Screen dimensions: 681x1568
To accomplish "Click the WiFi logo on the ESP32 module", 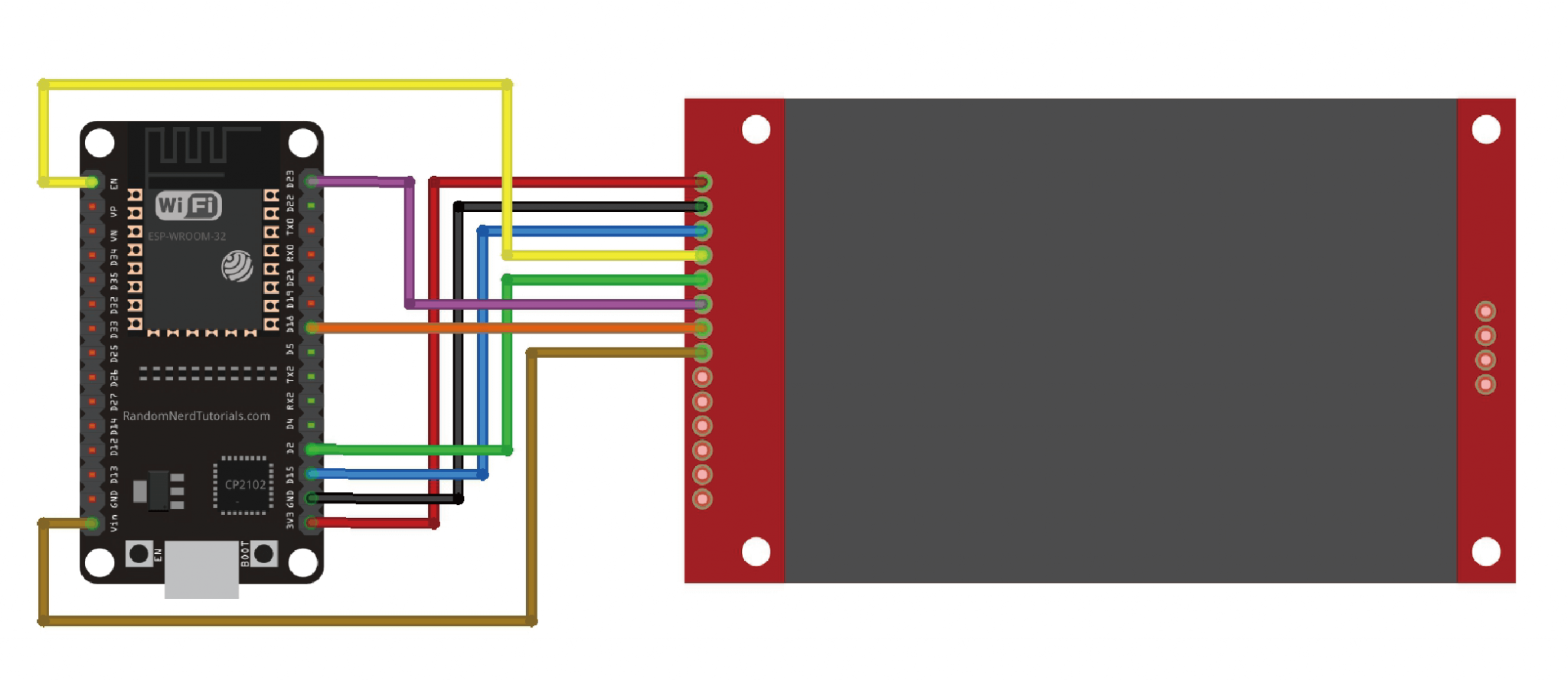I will point(188,205).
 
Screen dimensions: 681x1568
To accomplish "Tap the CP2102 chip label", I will point(245,484).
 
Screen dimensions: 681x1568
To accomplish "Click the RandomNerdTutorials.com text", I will point(196,415).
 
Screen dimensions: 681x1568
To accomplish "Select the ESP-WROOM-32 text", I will point(187,236).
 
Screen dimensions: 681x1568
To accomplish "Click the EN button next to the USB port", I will point(139,554).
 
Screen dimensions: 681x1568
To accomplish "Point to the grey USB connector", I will point(201,570).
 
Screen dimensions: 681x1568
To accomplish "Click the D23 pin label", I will point(290,179).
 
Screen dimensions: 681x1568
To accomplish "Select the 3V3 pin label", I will point(290,521).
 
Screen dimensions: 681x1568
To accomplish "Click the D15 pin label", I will point(290,474).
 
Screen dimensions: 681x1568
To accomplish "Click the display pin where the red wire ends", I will point(702,182).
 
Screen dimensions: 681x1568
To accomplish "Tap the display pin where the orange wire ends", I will point(702,328).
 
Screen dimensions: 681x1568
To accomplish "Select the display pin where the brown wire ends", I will point(702,353).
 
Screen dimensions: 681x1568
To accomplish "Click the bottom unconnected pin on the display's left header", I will point(702,500).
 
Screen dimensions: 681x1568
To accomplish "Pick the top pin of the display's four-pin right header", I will point(1485,311).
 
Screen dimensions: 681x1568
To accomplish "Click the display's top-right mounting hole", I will point(1486,129).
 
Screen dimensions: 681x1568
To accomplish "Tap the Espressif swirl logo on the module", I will point(237,266).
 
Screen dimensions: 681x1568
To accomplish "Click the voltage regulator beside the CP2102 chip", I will point(159,490).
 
